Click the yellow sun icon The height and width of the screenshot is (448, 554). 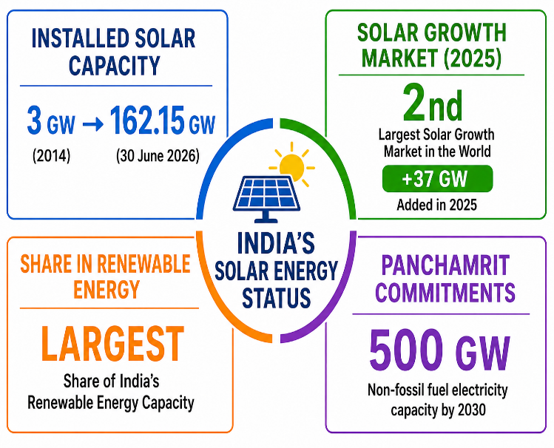pos(292,165)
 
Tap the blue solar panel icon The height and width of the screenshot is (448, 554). pos(266,198)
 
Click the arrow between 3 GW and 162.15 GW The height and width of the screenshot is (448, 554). pos(93,124)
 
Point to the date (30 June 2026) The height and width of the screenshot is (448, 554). pos(158,156)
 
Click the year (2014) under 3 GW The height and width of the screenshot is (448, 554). pos(51,156)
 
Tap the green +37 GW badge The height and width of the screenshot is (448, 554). pos(437,179)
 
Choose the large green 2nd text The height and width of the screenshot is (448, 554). pos(433,103)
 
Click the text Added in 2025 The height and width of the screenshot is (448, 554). pos(436,205)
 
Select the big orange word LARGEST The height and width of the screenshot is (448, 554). pos(112,344)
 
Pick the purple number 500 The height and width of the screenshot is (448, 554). pos(406,349)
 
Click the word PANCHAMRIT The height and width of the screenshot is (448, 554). pos(445,265)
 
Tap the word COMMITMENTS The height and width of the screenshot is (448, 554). pos(445,292)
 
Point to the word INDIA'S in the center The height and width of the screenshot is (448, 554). pos(276,243)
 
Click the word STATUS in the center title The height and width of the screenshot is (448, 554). pos(277,297)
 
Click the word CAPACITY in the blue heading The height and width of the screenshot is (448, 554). pos(115,65)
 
